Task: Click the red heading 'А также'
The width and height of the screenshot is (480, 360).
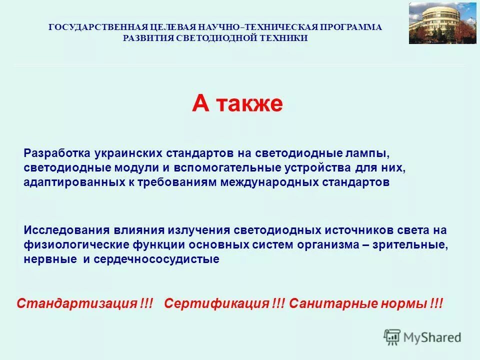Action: (x=237, y=104)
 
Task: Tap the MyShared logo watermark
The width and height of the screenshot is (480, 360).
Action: (x=422, y=337)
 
